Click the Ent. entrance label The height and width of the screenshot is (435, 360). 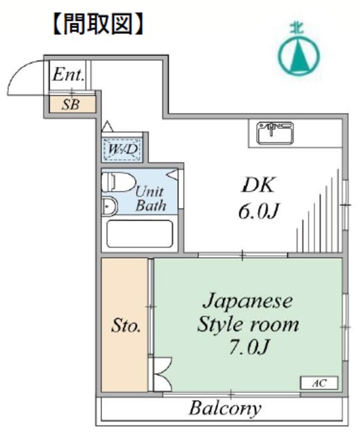pyautogui.click(x=68, y=75)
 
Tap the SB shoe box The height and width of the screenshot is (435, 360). pyautogui.click(x=73, y=104)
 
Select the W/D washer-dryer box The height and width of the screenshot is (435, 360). pyautogui.click(x=122, y=150)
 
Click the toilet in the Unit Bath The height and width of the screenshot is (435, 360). pyautogui.click(x=119, y=182)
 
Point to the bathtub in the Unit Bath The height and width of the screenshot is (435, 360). pyautogui.click(x=139, y=234)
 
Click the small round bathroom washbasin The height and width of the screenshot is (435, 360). pyautogui.click(x=109, y=206)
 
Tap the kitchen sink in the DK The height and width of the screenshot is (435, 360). pyautogui.click(x=275, y=133)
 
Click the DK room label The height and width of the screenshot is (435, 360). pyautogui.click(x=258, y=184)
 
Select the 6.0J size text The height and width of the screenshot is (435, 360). pyautogui.click(x=258, y=211)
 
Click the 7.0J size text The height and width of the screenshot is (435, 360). pyautogui.click(x=249, y=347)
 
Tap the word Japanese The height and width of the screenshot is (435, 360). pyautogui.click(x=247, y=302)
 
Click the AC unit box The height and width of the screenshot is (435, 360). pyautogui.click(x=319, y=383)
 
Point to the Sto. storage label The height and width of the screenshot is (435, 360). pyautogui.click(x=126, y=326)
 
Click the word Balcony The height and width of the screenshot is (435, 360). pyautogui.click(x=225, y=408)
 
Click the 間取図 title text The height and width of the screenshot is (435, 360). pyautogui.click(x=98, y=24)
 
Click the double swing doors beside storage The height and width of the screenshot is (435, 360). pyautogui.click(x=163, y=375)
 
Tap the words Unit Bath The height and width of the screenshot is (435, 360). pyautogui.click(x=151, y=199)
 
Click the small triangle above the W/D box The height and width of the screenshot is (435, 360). pyautogui.click(x=107, y=126)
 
